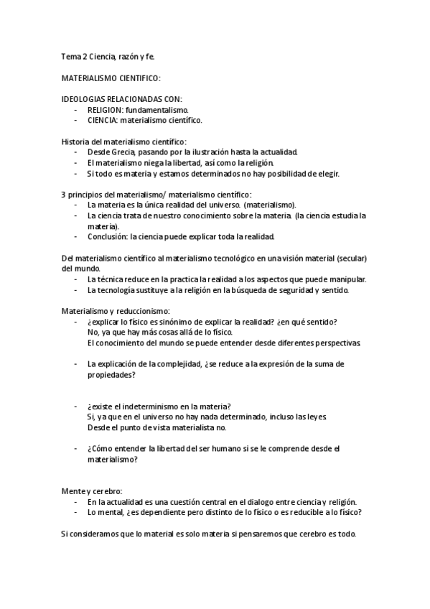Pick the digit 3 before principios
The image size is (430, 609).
click(x=63, y=194)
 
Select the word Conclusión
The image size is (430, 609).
click(x=108, y=236)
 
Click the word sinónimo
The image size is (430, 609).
click(x=190, y=321)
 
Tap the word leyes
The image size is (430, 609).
click(x=316, y=417)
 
